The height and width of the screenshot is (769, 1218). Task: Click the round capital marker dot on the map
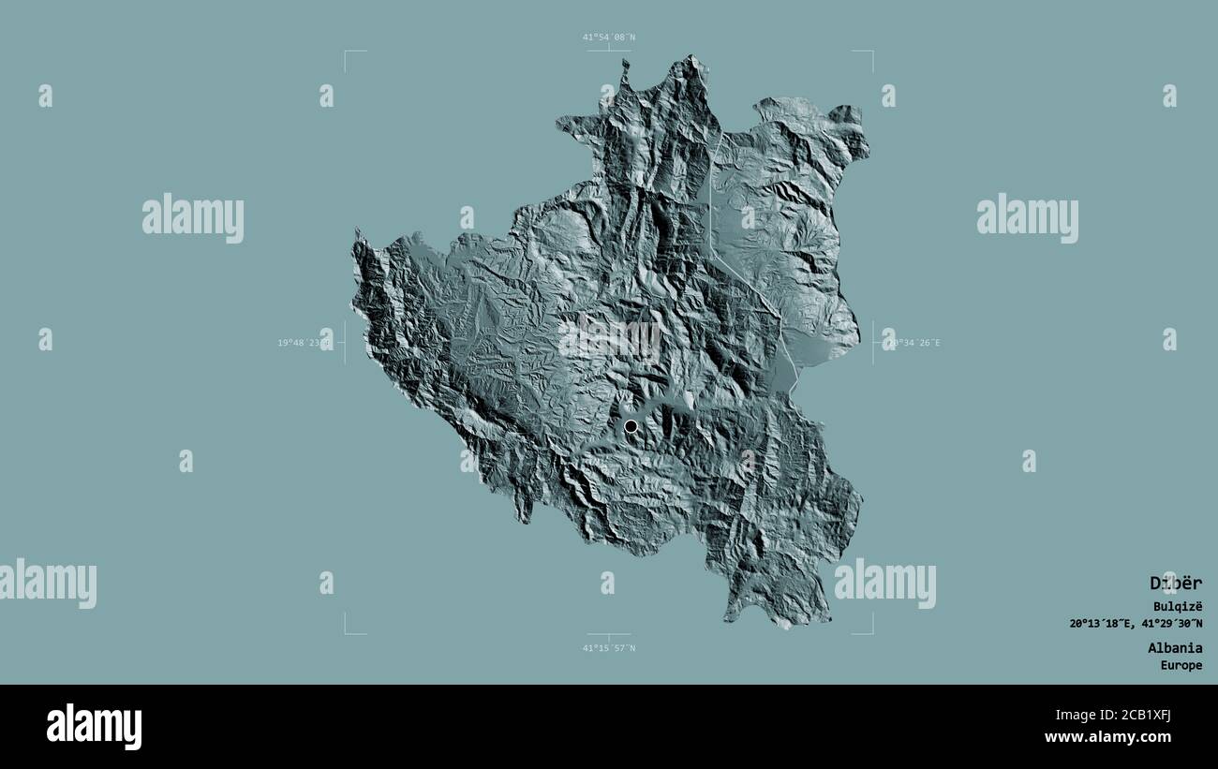[x=631, y=426]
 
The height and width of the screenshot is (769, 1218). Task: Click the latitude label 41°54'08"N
[x=608, y=37]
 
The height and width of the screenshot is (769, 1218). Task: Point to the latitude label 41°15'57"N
[x=608, y=647]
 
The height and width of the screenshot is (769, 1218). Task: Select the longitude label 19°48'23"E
[x=304, y=343]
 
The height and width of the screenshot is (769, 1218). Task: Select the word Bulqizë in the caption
[x=1178, y=607]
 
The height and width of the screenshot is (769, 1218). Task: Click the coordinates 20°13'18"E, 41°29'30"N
[x=1136, y=624]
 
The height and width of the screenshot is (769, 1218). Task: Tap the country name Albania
[x=1175, y=647]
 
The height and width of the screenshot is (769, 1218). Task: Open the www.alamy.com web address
[x=1123, y=737]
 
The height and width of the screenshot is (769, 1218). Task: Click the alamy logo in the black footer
[x=94, y=726]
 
